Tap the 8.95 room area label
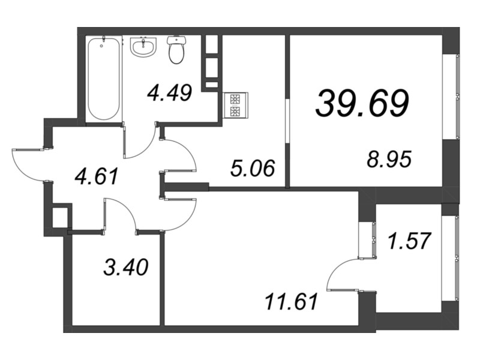click(391, 160)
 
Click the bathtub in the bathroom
click(104, 78)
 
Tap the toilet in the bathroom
click(176, 50)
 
